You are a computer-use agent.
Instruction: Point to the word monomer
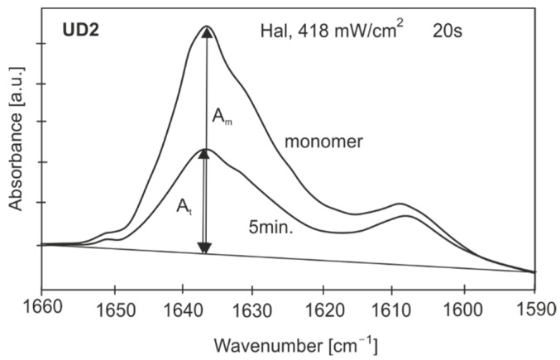pyautogui.click(x=324, y=142)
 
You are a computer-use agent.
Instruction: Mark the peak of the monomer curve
pyautogui.click(x=207, y=27)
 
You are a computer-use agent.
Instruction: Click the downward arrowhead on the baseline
pyautogui.click(x=206, y=248)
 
